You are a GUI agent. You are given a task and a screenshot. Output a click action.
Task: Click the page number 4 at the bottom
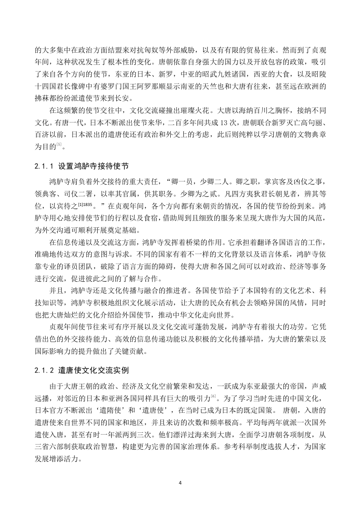click(180, 482)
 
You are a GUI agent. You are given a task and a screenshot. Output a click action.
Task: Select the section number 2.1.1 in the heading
click(44, 166)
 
